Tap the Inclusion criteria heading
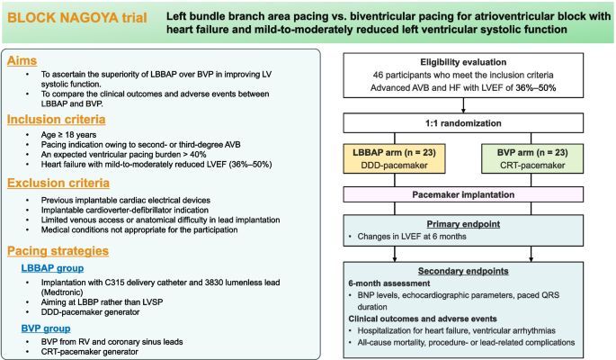tap(58, 119)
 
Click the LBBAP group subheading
tap(58, 268)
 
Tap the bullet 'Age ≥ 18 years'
tap(71, 134)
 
